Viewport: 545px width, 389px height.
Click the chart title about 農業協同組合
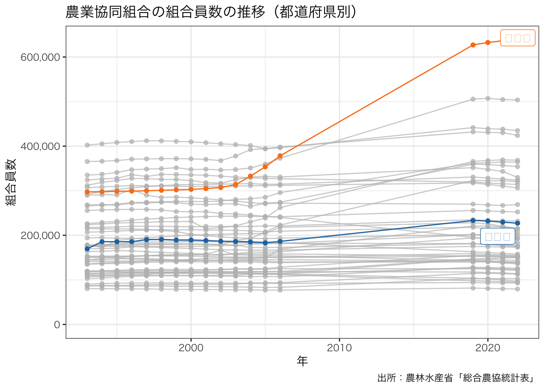[x=211, y=12]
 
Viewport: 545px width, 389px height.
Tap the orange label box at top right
[x=518, y=38]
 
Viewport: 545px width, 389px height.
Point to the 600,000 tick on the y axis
[x=40, y=57]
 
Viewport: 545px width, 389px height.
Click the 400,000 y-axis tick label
[x=40, y=146]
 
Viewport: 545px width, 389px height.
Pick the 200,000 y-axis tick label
[x=40, y=235]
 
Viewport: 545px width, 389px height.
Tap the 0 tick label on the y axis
[x=57, y=325]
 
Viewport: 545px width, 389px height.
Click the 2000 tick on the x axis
[x=191, y=348]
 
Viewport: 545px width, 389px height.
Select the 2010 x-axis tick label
[x=339, y=348]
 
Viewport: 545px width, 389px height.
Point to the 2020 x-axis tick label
[x=488, y=348]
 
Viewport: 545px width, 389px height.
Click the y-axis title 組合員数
[x=11, y=182]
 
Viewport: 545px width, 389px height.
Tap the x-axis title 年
[x=302, y=361]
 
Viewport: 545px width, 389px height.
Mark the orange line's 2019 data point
[x=473, y=45]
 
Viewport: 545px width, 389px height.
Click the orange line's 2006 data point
[x=280, y=156]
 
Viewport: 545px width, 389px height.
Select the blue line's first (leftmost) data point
[x=87, y=249]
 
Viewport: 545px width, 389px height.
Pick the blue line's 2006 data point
[x=280, y=242]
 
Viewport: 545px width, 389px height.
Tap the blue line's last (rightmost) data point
[x=517, y=223]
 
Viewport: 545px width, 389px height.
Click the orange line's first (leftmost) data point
[x=87, y=192]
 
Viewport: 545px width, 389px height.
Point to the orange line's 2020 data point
[x=488, y=43]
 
